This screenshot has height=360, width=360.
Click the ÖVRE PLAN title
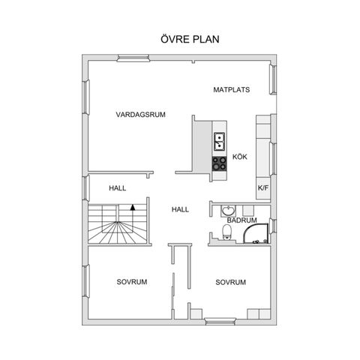pyautogui.click(x=190, y=39)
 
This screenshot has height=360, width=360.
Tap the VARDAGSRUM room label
pyautogui.click(x=140, y=115)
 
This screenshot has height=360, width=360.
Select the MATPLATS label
pyautogui.click(x=232, y=90)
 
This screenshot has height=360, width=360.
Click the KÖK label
pyautogui.click(x=240, y=157)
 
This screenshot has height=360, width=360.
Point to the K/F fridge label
pyautogui.click(x=262, y=187)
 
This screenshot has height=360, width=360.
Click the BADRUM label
pyautogui.click(x=241, y=220)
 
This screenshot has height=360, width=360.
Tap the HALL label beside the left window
pyautogui.click(x=118, y=188)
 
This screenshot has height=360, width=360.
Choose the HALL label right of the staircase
pyautogui.click(x=180, y=209)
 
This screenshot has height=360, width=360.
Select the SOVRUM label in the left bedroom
pyautogui.click(x=132, y=282)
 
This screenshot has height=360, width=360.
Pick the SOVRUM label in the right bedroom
pyautogui.click(x=230, y=282)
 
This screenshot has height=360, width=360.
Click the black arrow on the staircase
pyautogui.click(x=133, y=208)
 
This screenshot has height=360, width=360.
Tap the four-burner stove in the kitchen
pyautogui.click(x=220, y=163)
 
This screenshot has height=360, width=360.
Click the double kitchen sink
pyautogui.click(x=220, y=142)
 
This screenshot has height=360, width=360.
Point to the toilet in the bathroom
pyautogui.click(x=227, y=232)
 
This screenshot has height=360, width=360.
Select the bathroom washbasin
pyautogui.click(x=228, y=211)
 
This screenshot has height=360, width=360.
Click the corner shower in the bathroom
pyautogui.click(x=255, y=233)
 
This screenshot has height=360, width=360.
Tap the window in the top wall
pyautogui.click(x=133, y=58)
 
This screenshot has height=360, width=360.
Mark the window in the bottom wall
pyautogui.click(x=220, y=321)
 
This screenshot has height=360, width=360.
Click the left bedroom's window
pyautogui.click(x=85, y=281)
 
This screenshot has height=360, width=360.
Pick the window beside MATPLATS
pyautogui.click(x=273, y=79)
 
